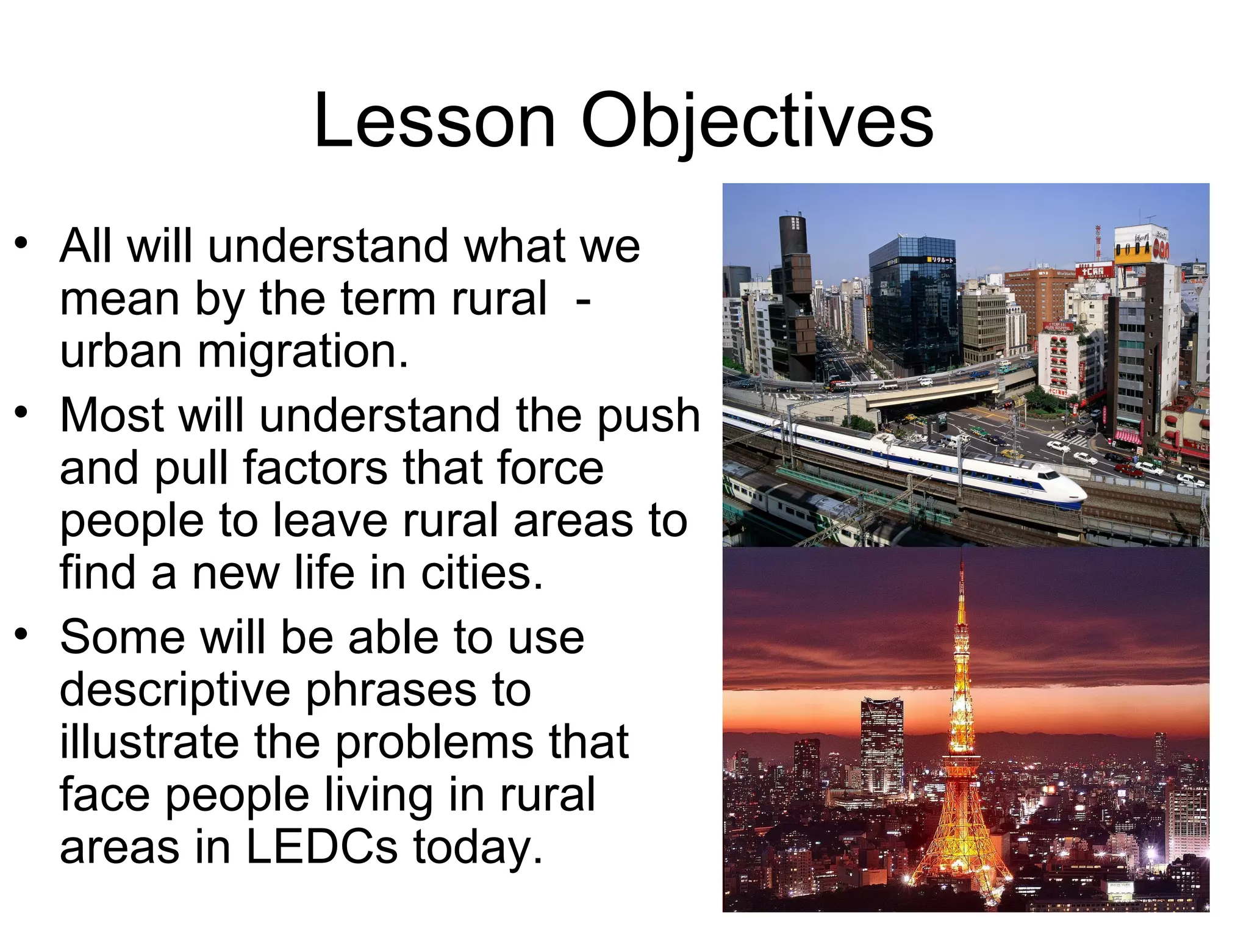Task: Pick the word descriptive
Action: click(175, 691)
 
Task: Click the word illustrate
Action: click(149, 742)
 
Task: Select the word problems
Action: click(435, 742)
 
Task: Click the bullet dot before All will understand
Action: click(22, 244)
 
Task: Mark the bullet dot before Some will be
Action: click(22, 635)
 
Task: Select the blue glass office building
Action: click(912, 305)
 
